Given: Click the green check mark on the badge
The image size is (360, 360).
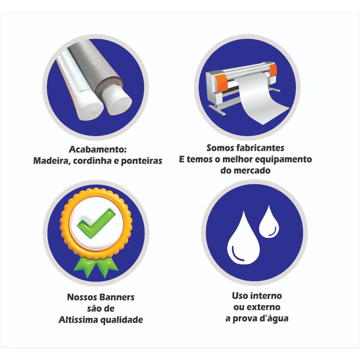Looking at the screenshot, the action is [96, 224].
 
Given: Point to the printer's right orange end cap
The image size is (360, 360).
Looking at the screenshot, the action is [273, 70].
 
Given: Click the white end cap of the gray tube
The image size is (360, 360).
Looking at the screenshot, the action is [117, 101].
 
